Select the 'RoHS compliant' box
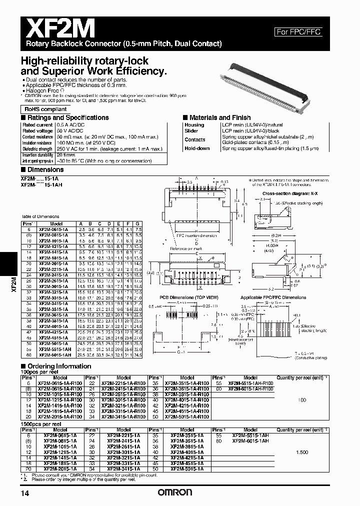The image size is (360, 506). click(x=45, y=109)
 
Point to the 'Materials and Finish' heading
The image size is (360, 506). click(x=219, y=117)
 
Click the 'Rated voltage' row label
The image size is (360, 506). click(x=37, y=130)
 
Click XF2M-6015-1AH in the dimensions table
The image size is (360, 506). click(x=58, y=355)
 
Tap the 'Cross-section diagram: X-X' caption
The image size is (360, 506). click(x=287, y=193)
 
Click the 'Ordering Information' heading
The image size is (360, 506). click(x=56, y=366)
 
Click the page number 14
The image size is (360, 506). click(x=24, y=494)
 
